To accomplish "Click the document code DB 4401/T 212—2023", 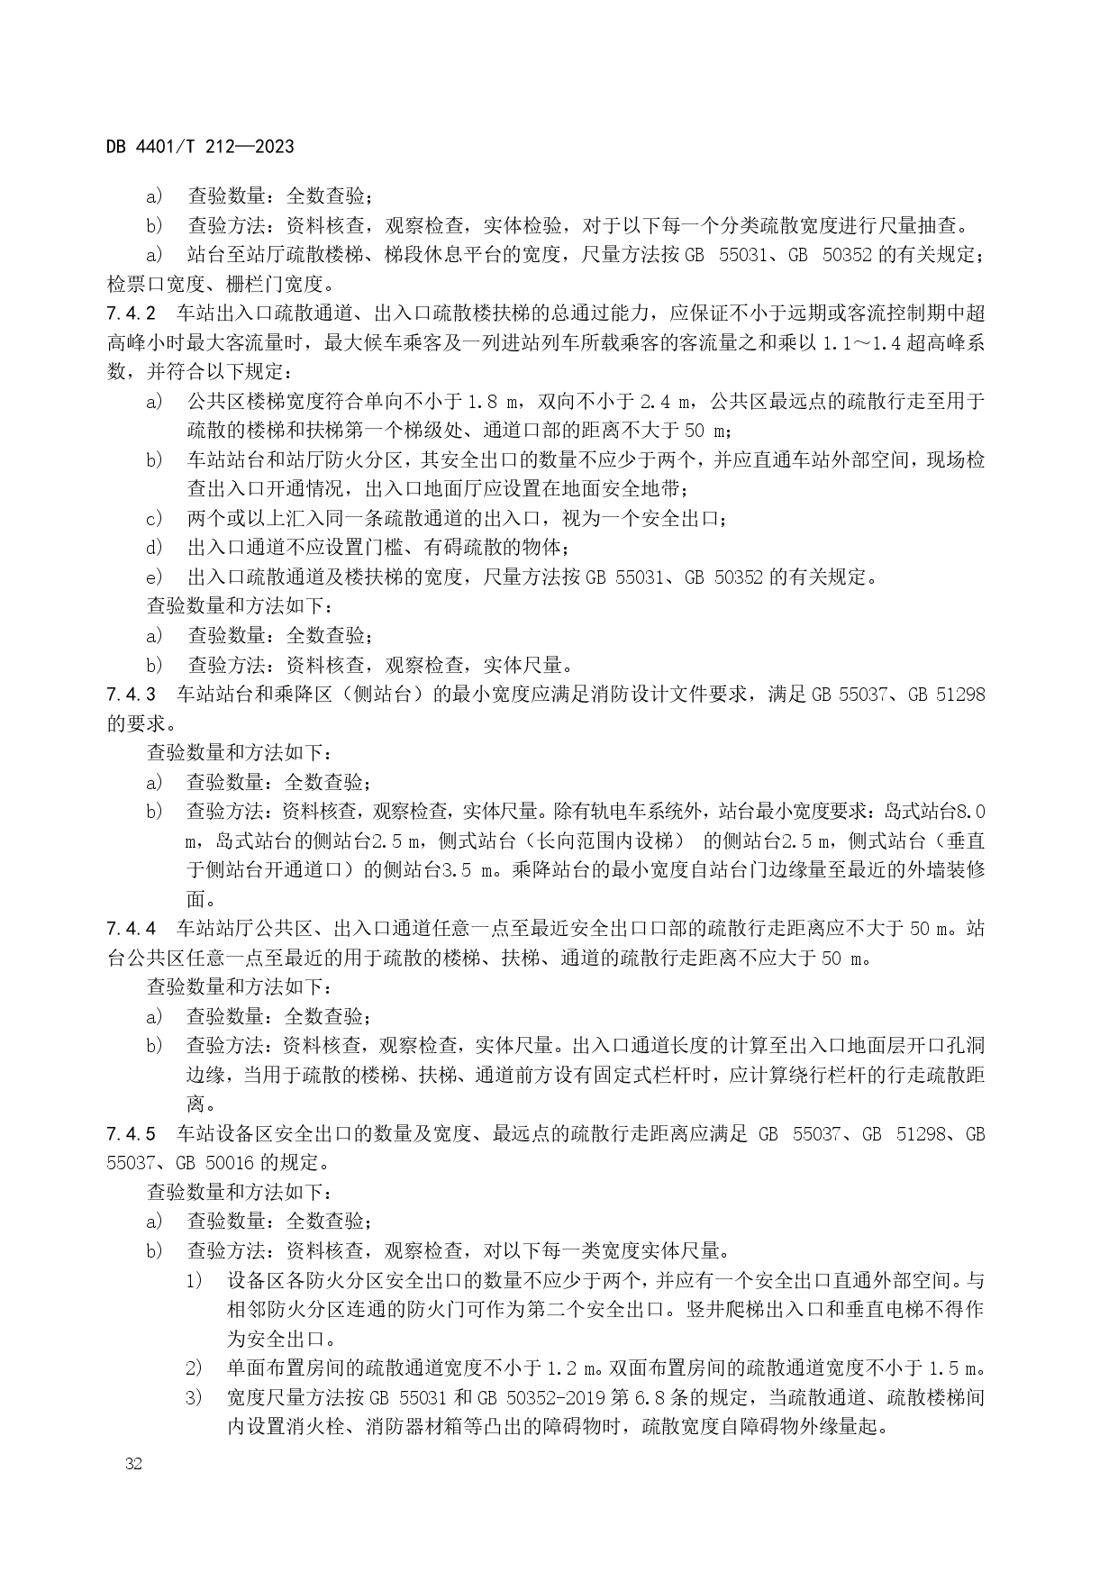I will coord(200,146).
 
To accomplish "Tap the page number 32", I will coord(134,1464).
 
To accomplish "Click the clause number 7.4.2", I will coord(132,313).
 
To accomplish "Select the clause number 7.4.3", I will coord(132,695).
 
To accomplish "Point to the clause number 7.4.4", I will coord(132,929).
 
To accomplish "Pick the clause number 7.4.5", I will coord(132,1133).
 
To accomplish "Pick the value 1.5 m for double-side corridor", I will coord(954,1368).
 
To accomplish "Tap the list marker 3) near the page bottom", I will coord(194,1397).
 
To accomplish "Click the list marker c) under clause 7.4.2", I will coord(154,519).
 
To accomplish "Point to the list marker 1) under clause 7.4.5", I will coord(194,1280).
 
